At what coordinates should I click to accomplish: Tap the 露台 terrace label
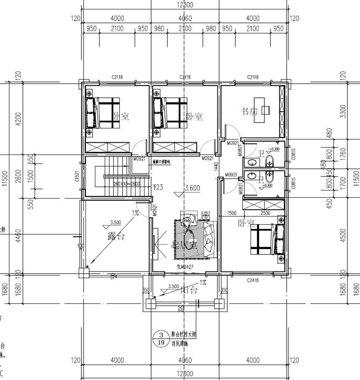pos(116,236)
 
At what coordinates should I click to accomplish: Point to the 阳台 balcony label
pos(189,290)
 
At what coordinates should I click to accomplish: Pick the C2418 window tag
pos(253,280)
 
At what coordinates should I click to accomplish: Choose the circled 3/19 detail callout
pos(159,338)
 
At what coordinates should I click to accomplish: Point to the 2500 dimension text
pos(265,213)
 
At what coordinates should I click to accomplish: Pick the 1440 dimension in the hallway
pos(216,167)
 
